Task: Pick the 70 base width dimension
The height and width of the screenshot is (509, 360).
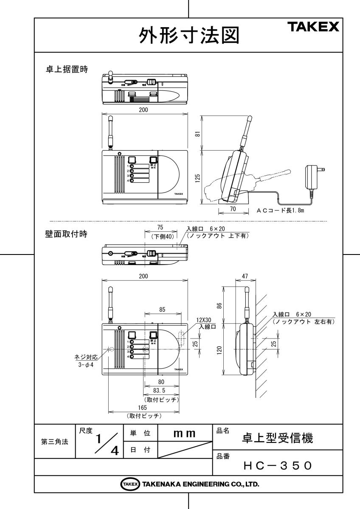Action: [233, 209]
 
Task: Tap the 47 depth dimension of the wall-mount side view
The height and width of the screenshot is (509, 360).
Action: [245, 276]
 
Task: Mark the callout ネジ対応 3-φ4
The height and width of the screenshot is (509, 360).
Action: [83, 360]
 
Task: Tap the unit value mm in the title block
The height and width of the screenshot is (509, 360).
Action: [185, 433]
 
